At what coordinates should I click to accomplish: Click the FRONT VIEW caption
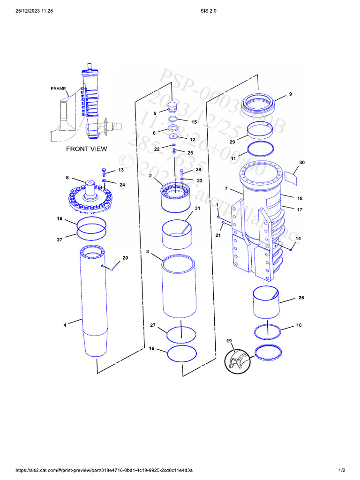pos(86,149)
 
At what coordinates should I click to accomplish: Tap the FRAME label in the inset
pos(58,88)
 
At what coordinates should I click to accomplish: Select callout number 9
pos(290,94)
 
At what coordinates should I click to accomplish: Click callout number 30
pos(302,163)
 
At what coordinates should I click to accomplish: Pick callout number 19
pos(229,340)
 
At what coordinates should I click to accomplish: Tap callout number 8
pos(67,178)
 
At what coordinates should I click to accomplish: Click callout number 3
pos(148,252)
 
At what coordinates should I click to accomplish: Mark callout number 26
pos(301,298)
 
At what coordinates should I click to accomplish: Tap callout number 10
pos(299,325)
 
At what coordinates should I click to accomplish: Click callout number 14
pos(298,239)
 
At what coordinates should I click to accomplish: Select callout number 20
pos(125,258)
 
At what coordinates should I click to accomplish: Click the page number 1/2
pos(342,470)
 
